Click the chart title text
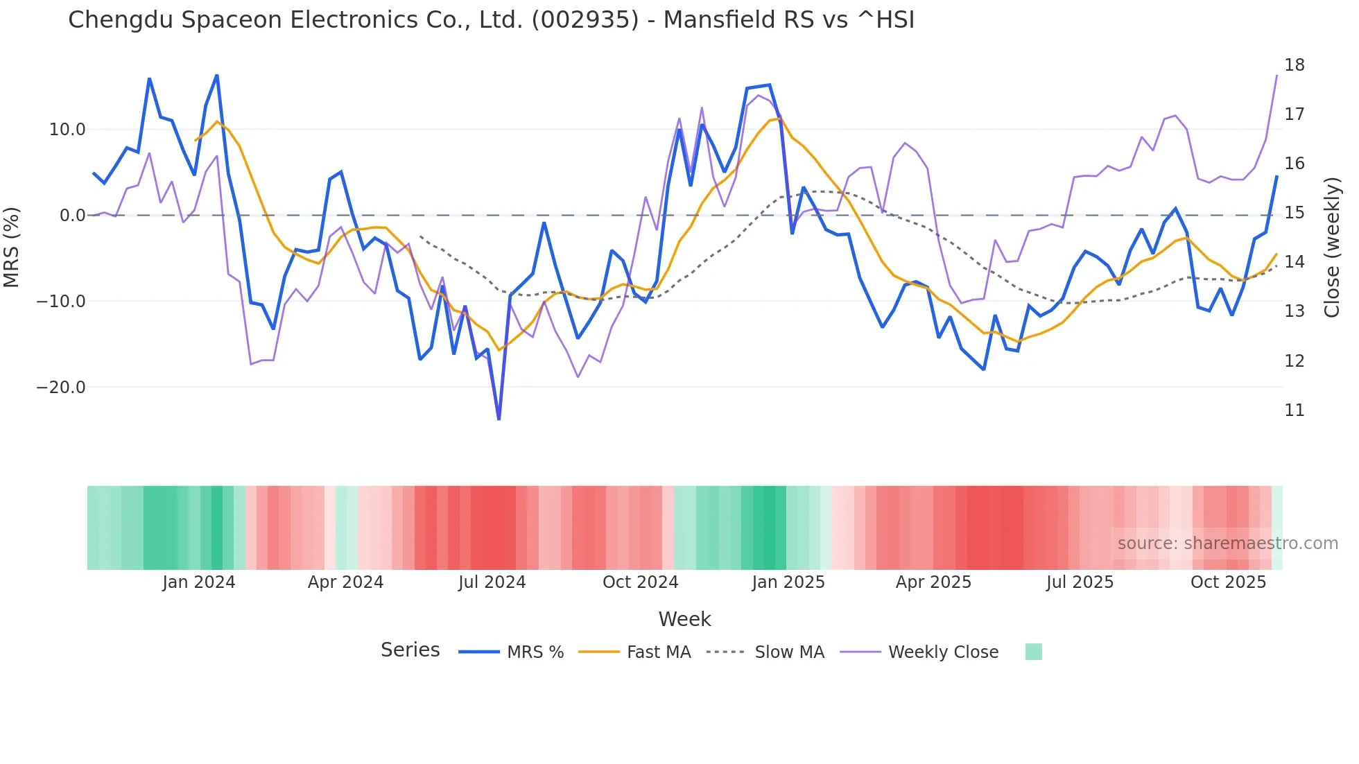[x=491, y=20]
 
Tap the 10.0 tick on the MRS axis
[x=67, y=130]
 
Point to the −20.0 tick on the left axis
[x=61, y=388]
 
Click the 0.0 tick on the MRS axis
[x=72, y=216]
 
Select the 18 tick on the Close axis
[x=1294, y=65]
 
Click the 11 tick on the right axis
[x=1294, y=410]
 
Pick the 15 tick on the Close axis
[x=1294, y=213]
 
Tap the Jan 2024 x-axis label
[x=199, y=582]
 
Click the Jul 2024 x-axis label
[x=492, y=582]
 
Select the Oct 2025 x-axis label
[x=1228, y=582]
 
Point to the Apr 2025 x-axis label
[x=933, y=582]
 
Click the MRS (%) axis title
[x=12, y=248]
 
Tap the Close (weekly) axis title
[x=1332, y=248]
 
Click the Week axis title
[x=684, y=619]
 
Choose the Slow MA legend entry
[x=789, y=652]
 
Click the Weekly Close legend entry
[x=943, y=652]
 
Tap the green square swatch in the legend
[x=1033, y=652]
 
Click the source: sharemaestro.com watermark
[x=1227, y=544]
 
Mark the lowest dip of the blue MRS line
[x=499, y=419]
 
